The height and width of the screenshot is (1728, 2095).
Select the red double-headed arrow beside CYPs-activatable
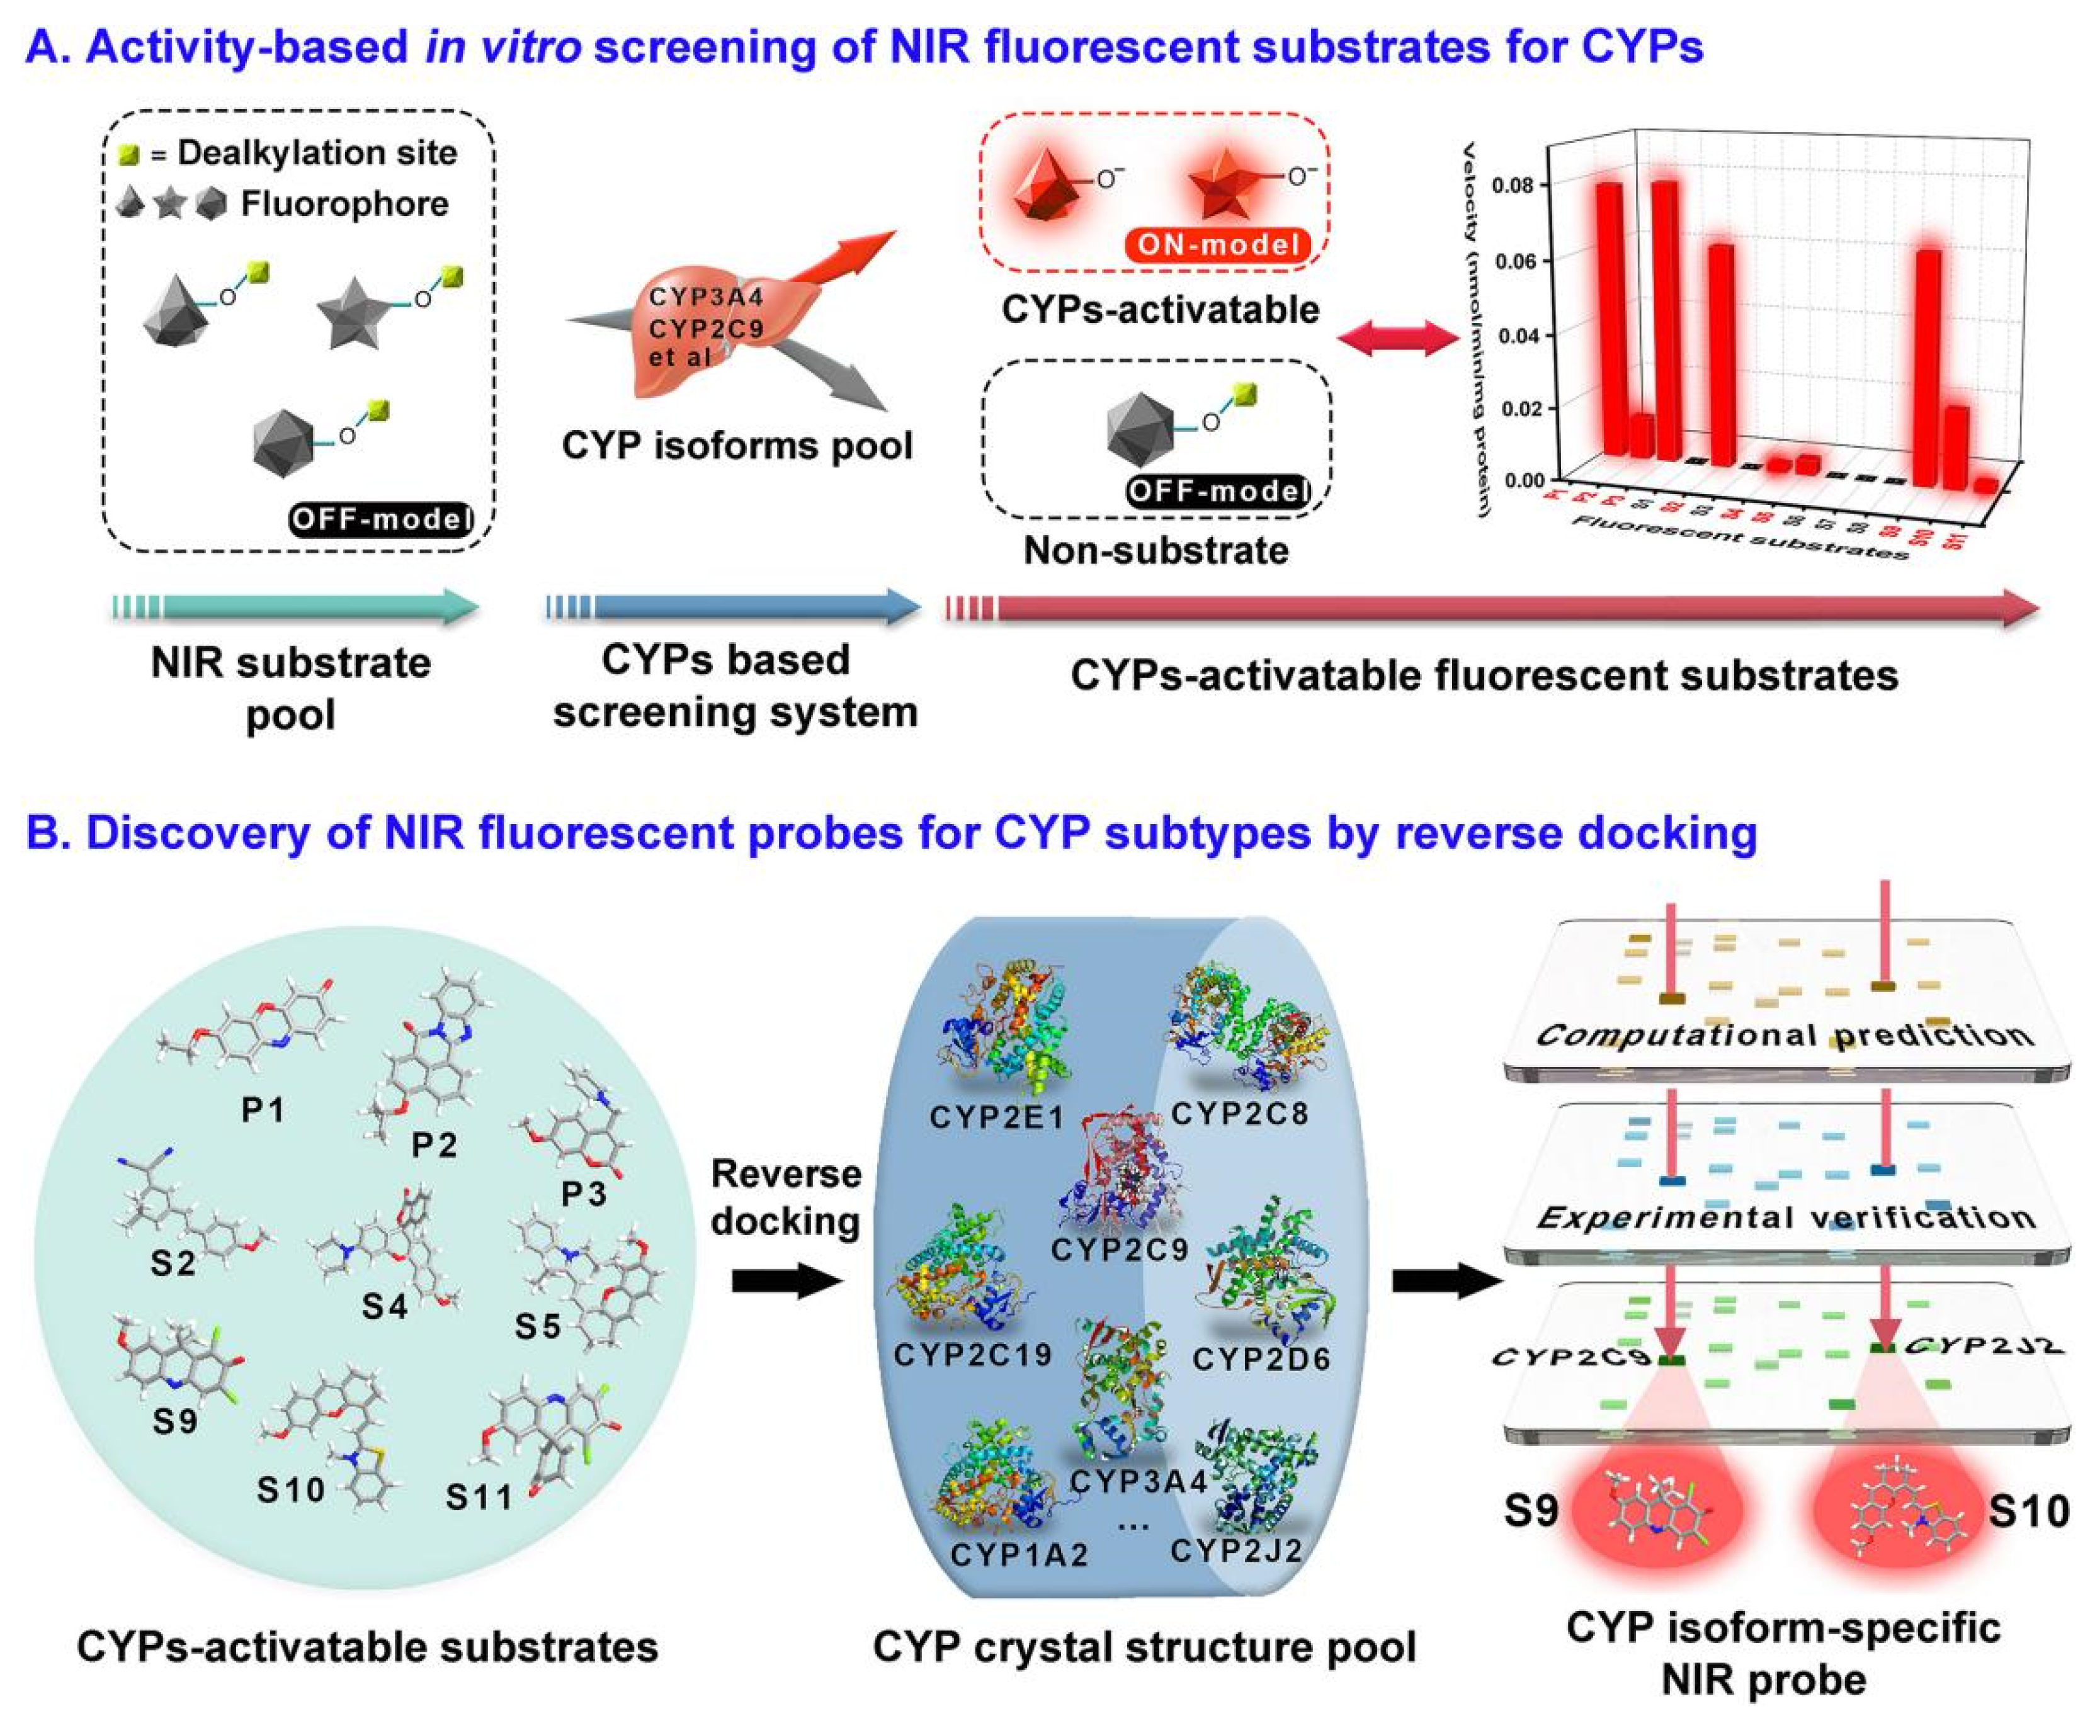click(1396, 339)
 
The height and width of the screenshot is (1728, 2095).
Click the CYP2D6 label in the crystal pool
click(1261, 1358)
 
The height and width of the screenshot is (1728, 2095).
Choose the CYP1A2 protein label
click(1019, 1554)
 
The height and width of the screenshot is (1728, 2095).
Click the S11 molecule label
click(478, 1497)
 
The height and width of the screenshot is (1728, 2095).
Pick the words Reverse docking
click(786, 1197)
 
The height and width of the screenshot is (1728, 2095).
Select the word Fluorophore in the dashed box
click(344, 204)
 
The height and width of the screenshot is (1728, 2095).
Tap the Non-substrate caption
click(1156, 550)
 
